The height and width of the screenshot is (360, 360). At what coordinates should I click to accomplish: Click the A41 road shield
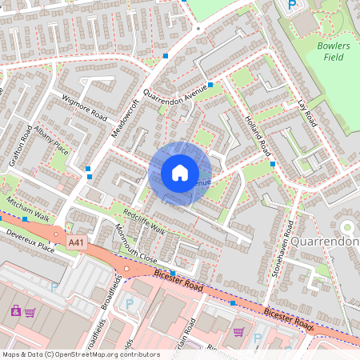(76, 242)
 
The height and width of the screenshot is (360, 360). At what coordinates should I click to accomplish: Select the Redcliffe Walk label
(144, 221)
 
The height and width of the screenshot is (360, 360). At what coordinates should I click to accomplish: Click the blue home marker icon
(179, 173)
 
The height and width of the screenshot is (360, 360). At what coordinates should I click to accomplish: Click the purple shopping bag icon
(14, 310)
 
